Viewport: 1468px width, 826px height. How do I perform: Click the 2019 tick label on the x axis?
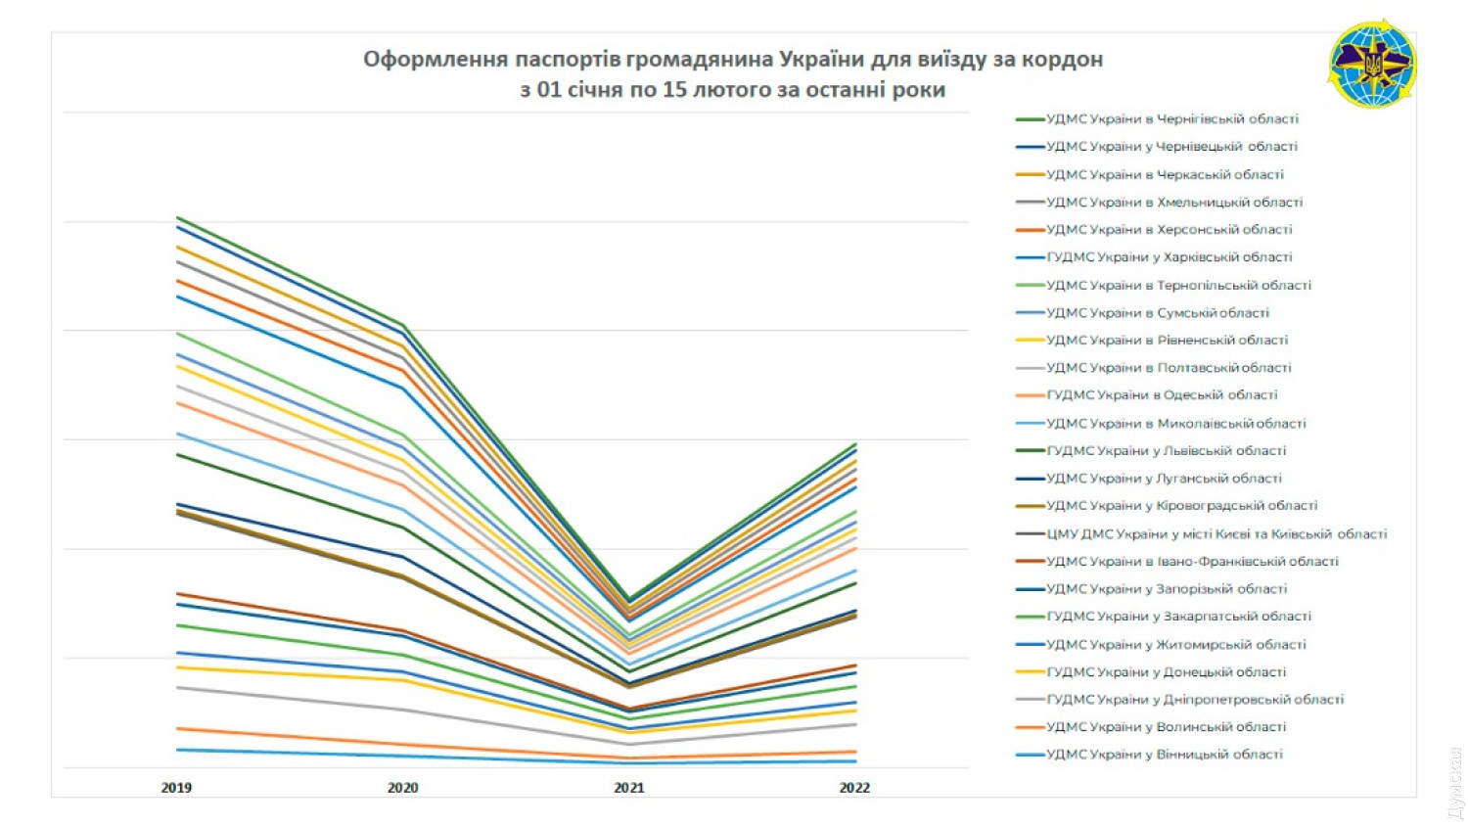176,787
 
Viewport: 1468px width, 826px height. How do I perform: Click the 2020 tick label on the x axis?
402,787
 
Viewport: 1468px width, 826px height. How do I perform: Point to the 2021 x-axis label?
628,787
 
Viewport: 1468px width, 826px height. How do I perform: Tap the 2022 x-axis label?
853,787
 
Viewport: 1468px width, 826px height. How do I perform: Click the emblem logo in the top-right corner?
1372,64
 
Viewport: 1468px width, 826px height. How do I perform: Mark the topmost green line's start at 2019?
177,217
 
